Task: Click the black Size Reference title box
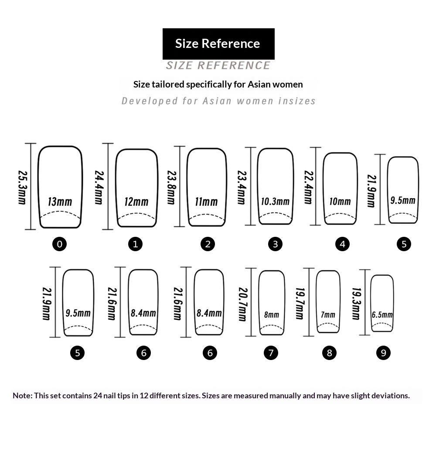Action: [x=218, y=44]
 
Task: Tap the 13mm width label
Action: [x=60, y=202]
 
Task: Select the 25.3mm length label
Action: [x=23, y=187]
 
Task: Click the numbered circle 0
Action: [x=59, y=244]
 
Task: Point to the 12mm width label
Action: [x=136, y=202]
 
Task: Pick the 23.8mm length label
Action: [x=171, y=187]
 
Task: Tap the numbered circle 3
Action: [x=275, y=244]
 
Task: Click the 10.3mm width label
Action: [x=275, y=202]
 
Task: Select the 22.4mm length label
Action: [x=309, y=187]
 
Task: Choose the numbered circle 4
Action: [x=342, y=244]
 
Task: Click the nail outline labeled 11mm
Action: [x=187, y=187]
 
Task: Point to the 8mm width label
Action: [x=272, y=315]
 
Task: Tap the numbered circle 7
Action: [x=271, y=353]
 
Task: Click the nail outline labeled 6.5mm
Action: [x=371, y=303]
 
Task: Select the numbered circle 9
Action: [x=383, y=353]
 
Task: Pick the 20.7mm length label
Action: [x=243, y=304]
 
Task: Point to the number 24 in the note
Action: [x=98, y=396]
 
